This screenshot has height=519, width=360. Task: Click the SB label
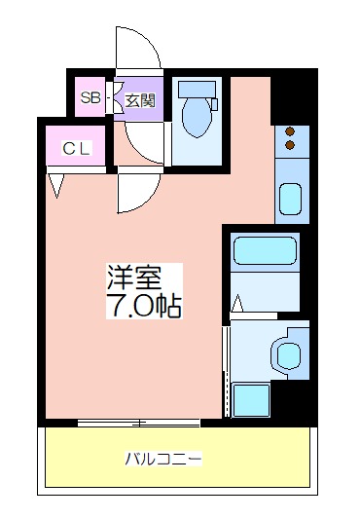coord(90,98)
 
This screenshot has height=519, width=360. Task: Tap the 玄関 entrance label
coord(140,100)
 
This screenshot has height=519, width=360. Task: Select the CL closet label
coord(76,149)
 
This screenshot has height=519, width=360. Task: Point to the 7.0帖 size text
coord(144,305)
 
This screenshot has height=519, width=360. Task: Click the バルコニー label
coord(163,459)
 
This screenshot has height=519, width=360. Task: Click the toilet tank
coord(197,89)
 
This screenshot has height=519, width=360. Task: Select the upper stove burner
coord(290,131)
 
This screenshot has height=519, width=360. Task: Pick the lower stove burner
coord(290,145)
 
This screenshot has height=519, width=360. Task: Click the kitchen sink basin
coord(290,200)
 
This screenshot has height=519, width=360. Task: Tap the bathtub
coord(265,250)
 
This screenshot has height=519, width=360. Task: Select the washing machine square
coord(250,400)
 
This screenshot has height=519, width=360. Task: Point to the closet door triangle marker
coord(56,186)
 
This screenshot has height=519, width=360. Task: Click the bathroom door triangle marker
coord(237,304)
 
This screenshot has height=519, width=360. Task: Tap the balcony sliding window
coord(139,423)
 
